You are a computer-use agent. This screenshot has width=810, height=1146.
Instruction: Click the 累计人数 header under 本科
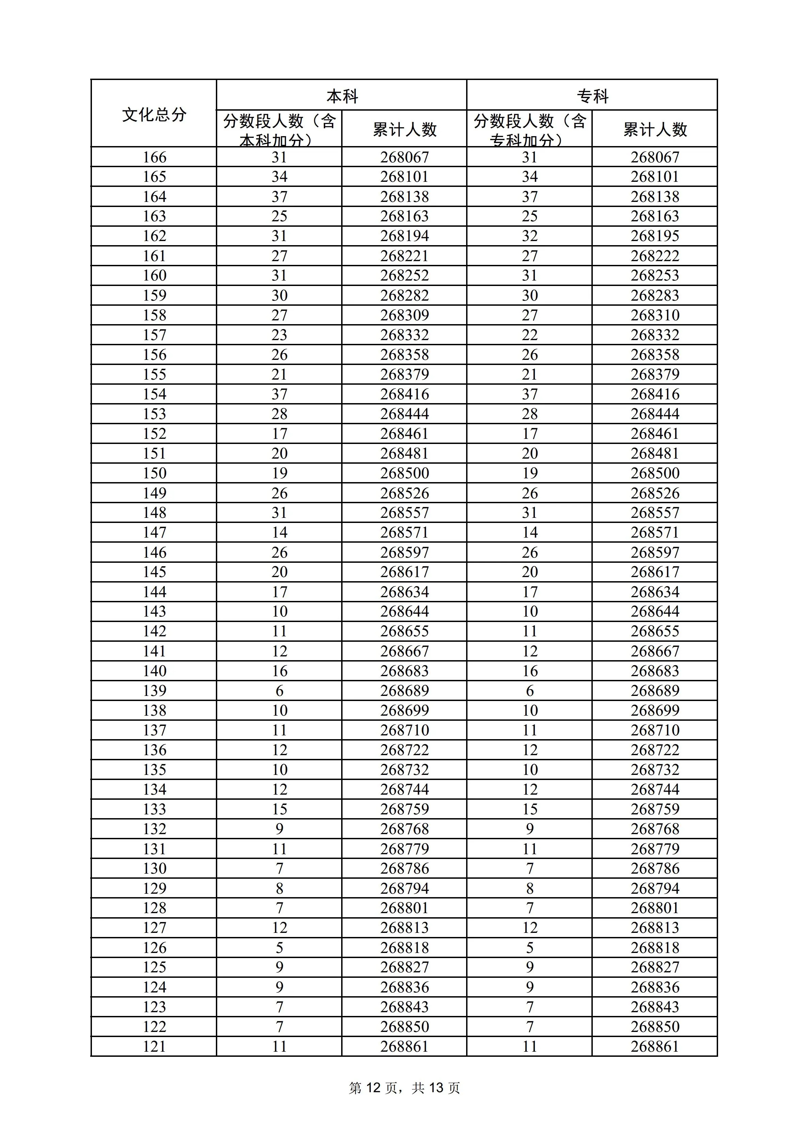[x=404, y=130]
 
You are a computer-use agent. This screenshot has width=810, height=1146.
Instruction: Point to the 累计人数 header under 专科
[x=655, y=130]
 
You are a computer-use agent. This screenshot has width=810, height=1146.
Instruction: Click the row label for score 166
[x=154, y=157]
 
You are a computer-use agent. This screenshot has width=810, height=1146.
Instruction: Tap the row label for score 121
[x=154, y=1046]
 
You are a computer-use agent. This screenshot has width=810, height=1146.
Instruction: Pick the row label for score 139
[x=154, y=691]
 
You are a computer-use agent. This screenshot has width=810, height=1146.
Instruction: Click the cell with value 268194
[x=404, y=236]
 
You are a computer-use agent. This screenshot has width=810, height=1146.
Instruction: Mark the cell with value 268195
[x=655, y=236]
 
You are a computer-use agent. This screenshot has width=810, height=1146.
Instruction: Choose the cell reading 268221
[x=404, y=256]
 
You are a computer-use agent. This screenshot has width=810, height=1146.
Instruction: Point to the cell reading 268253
[x=655, y=275]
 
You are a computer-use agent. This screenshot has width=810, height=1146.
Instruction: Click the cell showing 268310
[x=655, y=315]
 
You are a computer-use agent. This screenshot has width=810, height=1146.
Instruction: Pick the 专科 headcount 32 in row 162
[x=529, y=236]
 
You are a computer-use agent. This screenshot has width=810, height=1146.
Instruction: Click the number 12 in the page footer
[x=373, y=1087]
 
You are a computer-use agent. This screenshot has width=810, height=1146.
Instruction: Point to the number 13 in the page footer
[x=436, y=1087]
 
